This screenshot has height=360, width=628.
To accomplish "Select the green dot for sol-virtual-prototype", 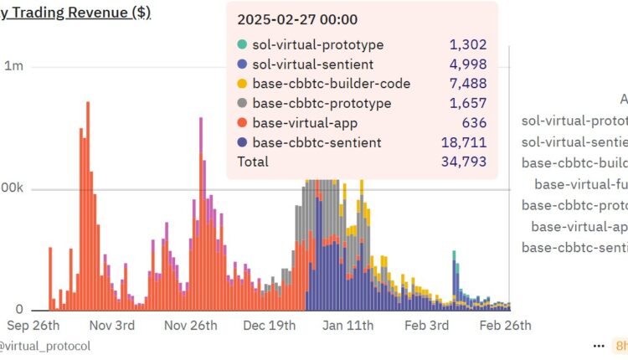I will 242,45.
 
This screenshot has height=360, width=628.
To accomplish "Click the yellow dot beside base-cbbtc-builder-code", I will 242,85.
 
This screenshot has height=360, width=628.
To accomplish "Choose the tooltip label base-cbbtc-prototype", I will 322,104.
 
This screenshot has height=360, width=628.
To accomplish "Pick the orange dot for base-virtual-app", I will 242,123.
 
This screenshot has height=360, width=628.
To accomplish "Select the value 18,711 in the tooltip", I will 464,142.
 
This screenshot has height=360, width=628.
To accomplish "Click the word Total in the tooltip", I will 253,161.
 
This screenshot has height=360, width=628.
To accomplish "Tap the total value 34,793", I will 464,161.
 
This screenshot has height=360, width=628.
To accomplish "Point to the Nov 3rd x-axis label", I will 111,325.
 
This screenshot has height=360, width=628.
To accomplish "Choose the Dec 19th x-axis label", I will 270,325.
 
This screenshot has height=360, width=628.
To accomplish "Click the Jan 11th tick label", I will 347,325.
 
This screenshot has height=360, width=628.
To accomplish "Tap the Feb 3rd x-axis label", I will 426,325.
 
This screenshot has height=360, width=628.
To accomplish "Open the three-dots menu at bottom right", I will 599,345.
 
